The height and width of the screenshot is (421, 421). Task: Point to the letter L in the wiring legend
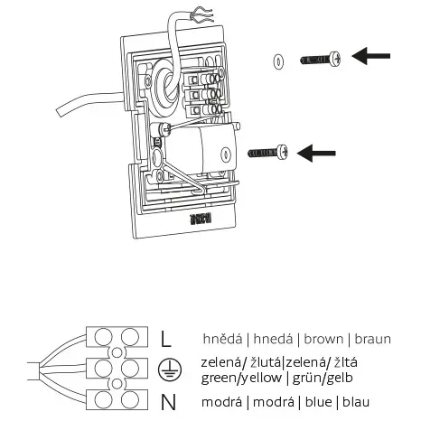click(x=165, y=340)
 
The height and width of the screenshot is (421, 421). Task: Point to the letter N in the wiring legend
click(x=166, y=400)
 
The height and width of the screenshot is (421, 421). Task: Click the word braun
click(x=371, y=340)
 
